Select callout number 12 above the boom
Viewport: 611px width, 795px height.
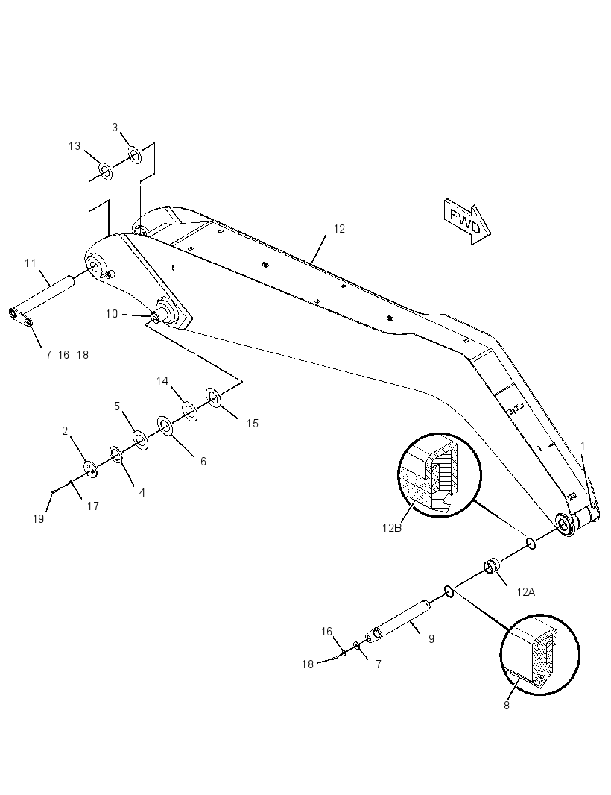tap(339, 229)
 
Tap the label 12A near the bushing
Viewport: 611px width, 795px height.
tap(526, 591)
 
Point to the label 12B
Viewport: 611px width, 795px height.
tap(392, 528)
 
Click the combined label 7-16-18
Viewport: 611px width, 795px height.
tap(67, 355)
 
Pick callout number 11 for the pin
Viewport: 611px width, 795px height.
tap(31, 263)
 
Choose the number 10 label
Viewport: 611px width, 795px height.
tap(112, 314)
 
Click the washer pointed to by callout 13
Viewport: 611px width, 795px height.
tap(105, 172)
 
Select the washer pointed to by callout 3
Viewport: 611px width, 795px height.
tap(135, 156)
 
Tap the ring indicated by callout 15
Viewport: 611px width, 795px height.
tap(212, 397)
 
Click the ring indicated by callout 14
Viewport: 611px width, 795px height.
tap(190, 412)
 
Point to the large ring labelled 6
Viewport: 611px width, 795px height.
tap(165, 427)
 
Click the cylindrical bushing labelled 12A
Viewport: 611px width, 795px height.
tap(492, 566)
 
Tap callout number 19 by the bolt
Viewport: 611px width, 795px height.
tap(39, 518)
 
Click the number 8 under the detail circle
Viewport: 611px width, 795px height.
tap(507, 706)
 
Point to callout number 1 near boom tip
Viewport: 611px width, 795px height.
tap(583, 446)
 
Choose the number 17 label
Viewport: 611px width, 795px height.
tap(92, 506)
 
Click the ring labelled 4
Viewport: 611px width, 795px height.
tap(116, 455)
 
